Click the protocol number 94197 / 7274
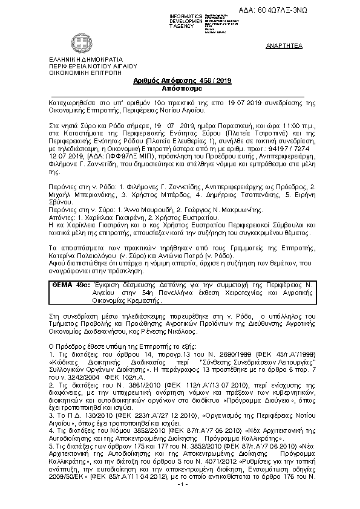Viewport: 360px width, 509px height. tap(292, 148)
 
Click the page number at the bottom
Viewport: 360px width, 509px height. tap(180, 501)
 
